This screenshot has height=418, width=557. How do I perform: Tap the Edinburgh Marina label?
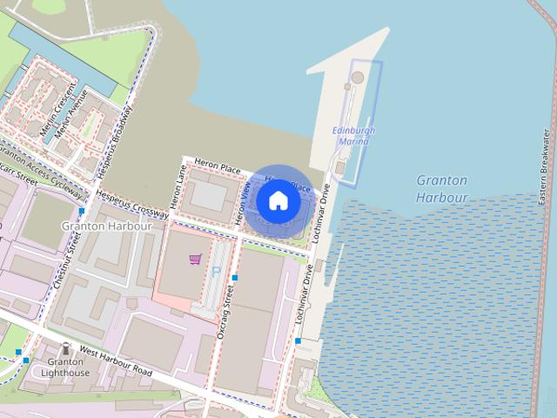coord(354,136)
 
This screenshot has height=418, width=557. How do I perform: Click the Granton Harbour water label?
coord(442,189)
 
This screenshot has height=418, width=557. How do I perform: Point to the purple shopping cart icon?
coord(195,259)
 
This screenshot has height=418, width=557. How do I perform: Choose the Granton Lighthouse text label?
coord(67,367)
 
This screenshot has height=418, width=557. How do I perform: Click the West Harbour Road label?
coord(115,361)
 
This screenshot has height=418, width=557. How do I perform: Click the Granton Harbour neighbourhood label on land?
coord(107,226)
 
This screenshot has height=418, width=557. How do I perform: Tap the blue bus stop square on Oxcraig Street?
coord(234,278)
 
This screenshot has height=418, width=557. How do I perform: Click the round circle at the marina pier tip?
coord(358,78)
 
